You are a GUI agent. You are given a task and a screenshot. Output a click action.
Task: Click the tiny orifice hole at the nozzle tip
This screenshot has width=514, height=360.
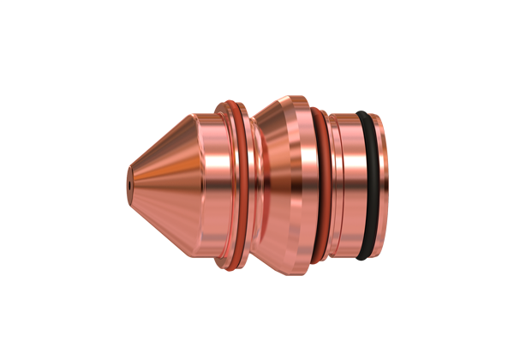[x=129, y=182]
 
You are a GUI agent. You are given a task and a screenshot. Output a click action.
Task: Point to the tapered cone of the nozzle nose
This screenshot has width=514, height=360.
[x=163, y=180]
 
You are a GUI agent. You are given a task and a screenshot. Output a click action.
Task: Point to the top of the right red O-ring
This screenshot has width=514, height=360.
[x=319, y=111]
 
